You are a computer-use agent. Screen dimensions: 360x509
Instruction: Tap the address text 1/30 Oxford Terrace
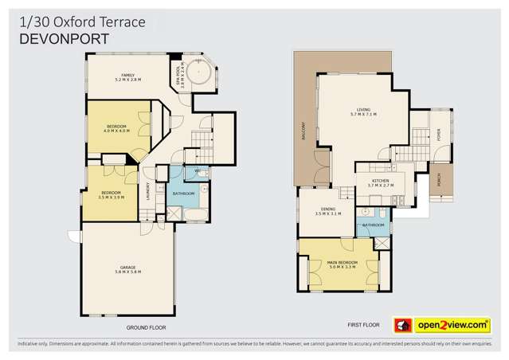click(81, 22)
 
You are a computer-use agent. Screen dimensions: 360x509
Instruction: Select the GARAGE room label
click(127, 270)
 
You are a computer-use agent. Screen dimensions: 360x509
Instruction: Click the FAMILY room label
click(127, 76)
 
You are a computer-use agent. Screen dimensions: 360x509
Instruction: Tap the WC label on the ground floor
click(196, 171)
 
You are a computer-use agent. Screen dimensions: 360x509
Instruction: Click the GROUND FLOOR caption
click(146, 327)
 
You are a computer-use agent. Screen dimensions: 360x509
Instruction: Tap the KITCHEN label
click(380, 183)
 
